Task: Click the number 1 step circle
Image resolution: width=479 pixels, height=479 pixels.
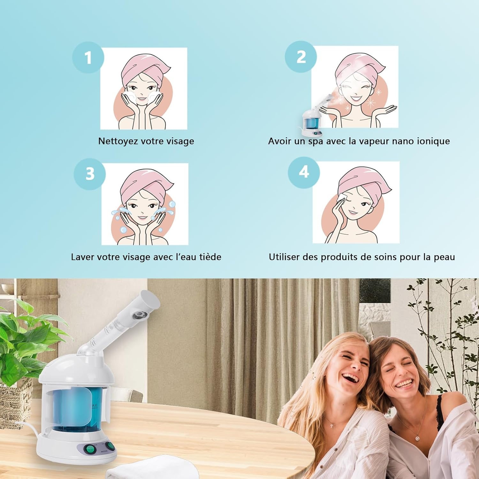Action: pyautogui.click(x=88, y=57)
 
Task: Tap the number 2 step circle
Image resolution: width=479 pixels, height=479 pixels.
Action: pyautogui.click(x=301, y=57)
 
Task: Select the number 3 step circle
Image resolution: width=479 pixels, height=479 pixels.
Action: pyautogui.click(x=90, y=174)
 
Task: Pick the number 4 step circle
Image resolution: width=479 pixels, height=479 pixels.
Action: pyautogui.click(x=304, y=172)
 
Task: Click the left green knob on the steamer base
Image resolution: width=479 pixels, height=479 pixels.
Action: pyautogui.click(x=90, y=450)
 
